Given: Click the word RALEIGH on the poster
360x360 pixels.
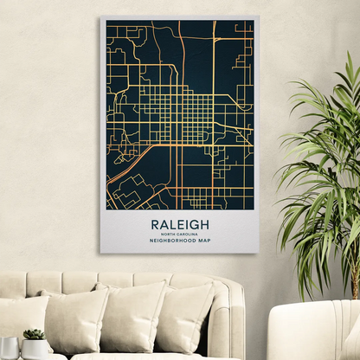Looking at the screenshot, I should [x=180, y=224].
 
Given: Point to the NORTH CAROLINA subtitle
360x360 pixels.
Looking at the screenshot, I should [x=180, y=234].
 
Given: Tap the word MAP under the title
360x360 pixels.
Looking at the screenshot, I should [x=204, y=241].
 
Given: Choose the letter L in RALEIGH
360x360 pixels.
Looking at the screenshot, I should [x=174, y=224].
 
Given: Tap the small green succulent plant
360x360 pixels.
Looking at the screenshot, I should [x=35, y=334].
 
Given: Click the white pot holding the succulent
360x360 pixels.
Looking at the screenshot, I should [x=35, y=349].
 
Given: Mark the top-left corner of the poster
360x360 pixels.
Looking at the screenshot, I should [x=101, y=17].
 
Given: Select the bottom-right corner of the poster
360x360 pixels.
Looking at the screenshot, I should [x=258, y=252].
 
